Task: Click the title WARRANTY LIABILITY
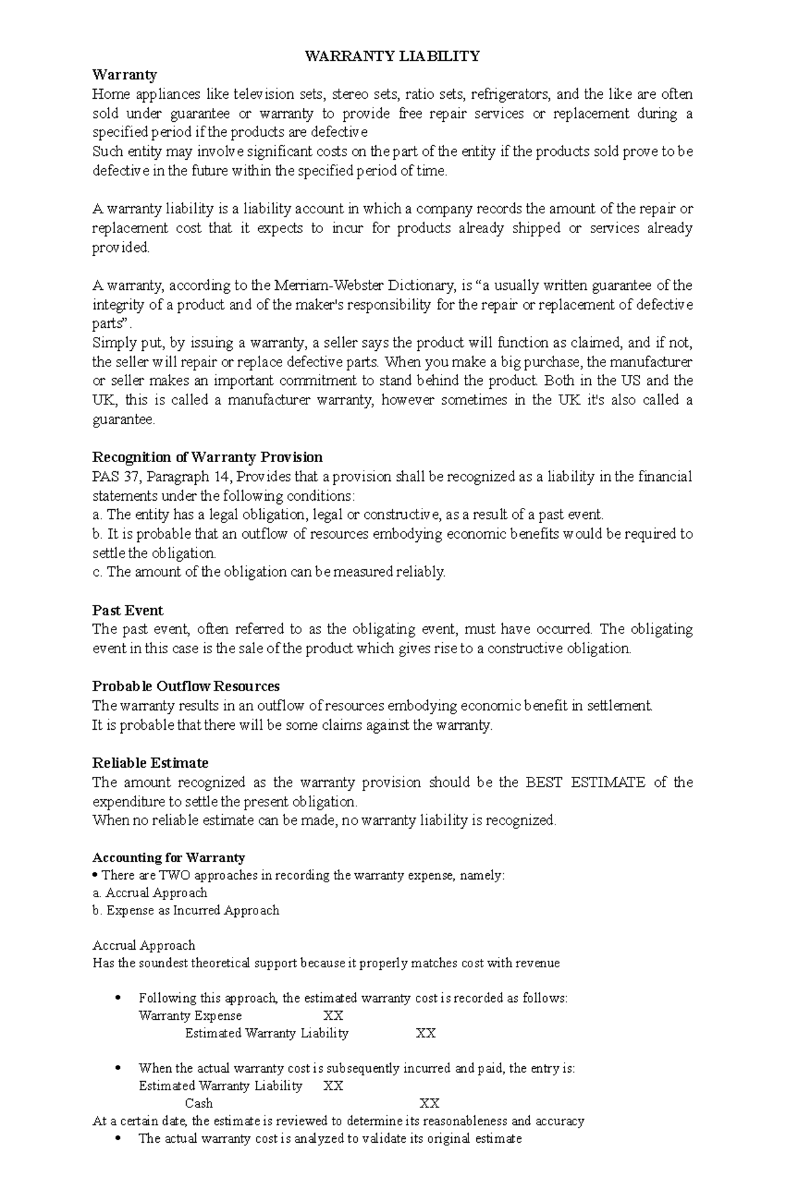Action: tap(392, 56)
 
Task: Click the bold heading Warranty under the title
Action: tap(124, 75)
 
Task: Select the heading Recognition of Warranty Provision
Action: tap(207, 457)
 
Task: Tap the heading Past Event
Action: tap(127, 610)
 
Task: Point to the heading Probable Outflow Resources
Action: tap(185, 686)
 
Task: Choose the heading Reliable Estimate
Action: tap(150, 762)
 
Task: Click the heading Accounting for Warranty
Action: tap(168, 857)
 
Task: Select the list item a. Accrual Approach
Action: tap(149, 893)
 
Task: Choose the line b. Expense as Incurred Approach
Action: tap(186, 910)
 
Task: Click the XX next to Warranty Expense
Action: tap(333, 1016)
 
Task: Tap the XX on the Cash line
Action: tap(429, 1103)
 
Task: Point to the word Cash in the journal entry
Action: tap(198, 1103)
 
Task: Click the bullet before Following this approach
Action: tap(118, 998)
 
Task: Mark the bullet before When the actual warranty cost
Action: tap(118, 1068)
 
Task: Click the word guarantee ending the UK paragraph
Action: tap(123, 419)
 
